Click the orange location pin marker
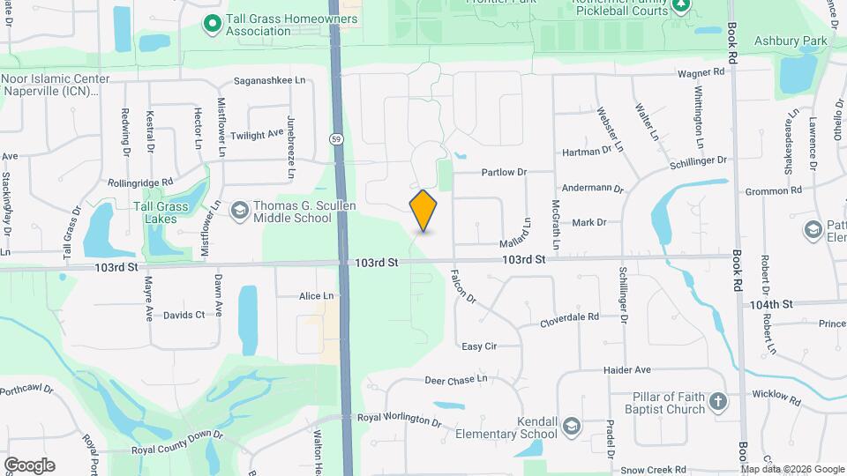[x=423, y=211]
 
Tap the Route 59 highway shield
[x=336, y=139]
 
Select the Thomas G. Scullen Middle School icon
[x=239, y=210]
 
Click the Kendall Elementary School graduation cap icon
[x=572, y=427]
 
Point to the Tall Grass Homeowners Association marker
[x=212, y=24]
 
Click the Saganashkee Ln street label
[x=268, y=80]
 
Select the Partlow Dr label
[x=503, y=173]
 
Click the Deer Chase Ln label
[x=455, y=379]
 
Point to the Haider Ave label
[x=626, y=370]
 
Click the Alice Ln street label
[x=317, y=296]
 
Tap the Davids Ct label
[x=184, y=315]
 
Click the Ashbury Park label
[x=801, y=41]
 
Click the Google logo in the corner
[x=29, y=465]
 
